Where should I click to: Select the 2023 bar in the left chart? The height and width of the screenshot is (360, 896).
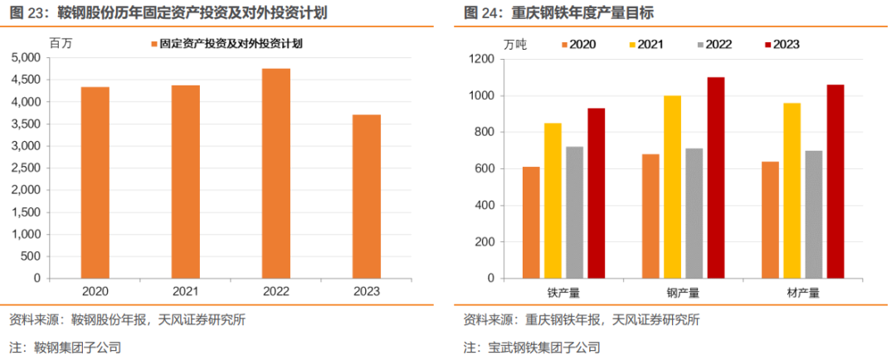[366, 196]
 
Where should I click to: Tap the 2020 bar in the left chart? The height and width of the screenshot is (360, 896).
[95, 182]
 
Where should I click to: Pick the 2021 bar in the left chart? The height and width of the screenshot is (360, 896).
[185, 181]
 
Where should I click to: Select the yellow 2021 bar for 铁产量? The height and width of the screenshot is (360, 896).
[553, 200]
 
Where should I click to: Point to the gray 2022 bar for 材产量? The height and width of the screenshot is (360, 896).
[814, 214]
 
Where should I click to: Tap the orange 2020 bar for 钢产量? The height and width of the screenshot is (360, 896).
[650, 215]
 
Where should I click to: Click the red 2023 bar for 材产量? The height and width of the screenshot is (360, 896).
[835, 181]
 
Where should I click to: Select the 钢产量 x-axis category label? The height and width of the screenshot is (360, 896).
[683, 292]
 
